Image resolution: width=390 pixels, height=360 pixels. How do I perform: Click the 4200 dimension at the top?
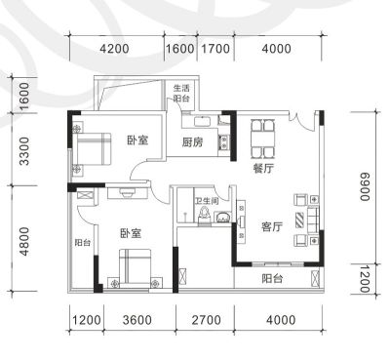click(114, 49)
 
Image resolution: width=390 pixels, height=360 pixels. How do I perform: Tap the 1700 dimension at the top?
click(215, 49)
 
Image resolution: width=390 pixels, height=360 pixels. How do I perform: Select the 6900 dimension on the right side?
click(366, 186)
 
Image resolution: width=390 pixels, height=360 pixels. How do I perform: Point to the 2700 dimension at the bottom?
click(206, 320)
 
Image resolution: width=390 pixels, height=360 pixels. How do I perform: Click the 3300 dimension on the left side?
click(24, 151)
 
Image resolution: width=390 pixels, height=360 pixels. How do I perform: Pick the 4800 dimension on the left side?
click(24, 241)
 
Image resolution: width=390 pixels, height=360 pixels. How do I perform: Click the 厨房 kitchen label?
click(192, 142)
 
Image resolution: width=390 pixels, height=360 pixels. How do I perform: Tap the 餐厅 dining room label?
click(263, 168)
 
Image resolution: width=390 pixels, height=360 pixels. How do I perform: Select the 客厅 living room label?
click(272, 226)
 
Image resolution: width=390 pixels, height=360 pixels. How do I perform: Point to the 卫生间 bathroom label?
click(207, 201)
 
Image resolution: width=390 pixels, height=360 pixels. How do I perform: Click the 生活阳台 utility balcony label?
click(181, 93)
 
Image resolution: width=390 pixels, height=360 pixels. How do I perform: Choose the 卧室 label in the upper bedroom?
click(137, 140)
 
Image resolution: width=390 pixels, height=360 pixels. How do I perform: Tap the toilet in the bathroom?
click(205, 216)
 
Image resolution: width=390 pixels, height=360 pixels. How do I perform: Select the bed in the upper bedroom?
click(92, 148)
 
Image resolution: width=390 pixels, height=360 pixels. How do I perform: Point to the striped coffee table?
click(299, 220)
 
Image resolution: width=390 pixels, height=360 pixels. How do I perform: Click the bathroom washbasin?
click(223, 217)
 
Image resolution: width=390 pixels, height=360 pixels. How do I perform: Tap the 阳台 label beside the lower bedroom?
click(83, 243)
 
